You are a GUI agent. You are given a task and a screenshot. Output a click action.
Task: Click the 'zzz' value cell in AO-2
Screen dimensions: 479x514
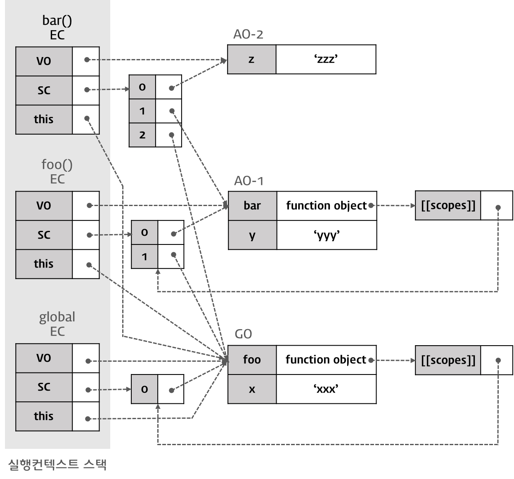tap(326, 59)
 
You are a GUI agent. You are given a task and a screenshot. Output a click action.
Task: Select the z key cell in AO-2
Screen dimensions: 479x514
tap(251, 59)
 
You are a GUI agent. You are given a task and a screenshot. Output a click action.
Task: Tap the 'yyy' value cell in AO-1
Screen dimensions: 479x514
tap(326, 235)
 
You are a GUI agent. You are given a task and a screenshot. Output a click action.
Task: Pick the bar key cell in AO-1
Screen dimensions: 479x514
tap(252, 206)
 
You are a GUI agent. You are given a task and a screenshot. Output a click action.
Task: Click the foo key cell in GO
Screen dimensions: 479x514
tap(252, 360)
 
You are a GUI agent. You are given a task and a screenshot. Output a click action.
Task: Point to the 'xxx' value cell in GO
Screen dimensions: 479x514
tap(326, 389)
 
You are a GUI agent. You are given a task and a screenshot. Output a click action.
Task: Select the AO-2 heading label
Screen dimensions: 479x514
tap(248, 34)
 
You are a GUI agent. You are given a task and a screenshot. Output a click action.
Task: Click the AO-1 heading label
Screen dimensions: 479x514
tap(249, 181)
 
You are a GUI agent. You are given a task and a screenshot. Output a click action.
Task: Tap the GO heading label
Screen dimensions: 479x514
tap(243, 334)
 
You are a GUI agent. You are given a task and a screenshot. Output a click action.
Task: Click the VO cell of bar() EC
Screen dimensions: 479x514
tap(44, 61)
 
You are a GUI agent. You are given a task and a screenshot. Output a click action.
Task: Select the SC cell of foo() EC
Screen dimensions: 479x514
tap(44, 235)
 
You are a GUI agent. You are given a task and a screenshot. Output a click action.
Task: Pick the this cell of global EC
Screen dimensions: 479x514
tap(44, 416)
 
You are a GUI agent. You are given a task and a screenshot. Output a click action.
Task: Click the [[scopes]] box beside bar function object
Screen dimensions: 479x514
tap(448, 206)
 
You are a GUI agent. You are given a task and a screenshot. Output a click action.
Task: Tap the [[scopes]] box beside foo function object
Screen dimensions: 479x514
tap(448, 360)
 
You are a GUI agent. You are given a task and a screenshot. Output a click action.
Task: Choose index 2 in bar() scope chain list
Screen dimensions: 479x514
tap(142, 135)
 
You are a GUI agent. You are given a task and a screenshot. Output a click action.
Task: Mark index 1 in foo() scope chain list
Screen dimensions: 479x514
tap(144, 256)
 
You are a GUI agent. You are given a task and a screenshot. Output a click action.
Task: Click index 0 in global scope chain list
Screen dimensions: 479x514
tap(144, 389)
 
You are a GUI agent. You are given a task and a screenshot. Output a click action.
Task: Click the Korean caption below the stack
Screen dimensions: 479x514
tap(57, 464)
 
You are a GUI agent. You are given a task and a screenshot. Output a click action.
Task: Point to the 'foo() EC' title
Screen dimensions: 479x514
tap(57, 171)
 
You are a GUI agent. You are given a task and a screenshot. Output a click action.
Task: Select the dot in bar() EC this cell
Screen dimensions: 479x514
tap(87, 119)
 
